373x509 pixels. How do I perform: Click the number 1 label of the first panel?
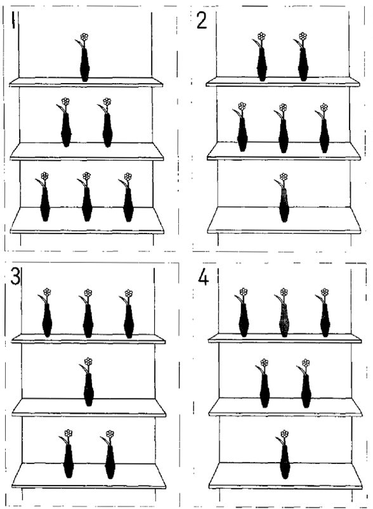coord(13,20)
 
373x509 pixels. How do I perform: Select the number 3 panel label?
coord(15,277)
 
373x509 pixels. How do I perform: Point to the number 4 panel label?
coord(203,277)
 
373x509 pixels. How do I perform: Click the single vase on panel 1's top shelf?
coord(84,65)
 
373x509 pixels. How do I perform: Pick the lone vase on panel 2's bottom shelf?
coord(284,205)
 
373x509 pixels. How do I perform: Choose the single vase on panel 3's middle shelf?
coord(89,389)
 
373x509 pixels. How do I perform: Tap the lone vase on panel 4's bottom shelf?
coord(285,461)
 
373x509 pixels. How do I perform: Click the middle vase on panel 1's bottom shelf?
coord(87,204)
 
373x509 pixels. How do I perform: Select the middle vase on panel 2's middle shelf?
coord(283,136)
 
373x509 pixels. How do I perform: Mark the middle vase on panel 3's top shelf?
coord(88,321)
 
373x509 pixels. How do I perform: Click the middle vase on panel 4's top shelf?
coord(284,320)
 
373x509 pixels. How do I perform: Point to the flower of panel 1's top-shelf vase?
coord(84,37)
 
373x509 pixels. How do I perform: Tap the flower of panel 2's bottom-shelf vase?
coord(284,177)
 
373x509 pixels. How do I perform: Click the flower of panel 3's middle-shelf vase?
coord(88,361)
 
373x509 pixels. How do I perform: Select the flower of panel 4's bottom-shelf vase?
coord(284,433)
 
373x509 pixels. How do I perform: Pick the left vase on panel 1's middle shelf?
coord(66,130)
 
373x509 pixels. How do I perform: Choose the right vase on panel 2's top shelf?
coord(303,65)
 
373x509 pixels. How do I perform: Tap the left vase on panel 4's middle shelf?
coord(265,391)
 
